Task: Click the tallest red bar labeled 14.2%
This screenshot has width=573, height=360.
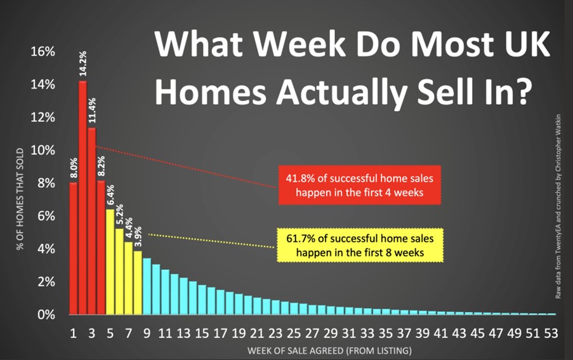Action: tap(82, 197)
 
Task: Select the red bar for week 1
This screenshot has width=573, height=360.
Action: tap(74, 248)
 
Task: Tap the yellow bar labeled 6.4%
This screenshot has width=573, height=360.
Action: tap(110, 262)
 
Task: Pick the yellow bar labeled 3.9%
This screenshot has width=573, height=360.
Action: tap(138, 283)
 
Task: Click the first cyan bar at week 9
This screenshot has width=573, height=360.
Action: tap(147, 286)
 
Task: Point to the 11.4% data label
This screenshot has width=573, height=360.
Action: tap(92, 110)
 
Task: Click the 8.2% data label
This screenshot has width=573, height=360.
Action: tap(102, 166)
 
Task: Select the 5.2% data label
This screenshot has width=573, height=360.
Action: tap(119, 214)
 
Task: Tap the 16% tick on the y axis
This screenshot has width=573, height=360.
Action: tap(43, 51)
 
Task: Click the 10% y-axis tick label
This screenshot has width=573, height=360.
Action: tap(43, 150)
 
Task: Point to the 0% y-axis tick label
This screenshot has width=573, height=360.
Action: tap(46, 315)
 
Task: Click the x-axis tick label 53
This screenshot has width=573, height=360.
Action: tap(551, 333)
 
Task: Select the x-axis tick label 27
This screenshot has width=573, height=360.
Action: tap(312, 333)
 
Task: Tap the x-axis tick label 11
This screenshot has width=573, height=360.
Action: tap(165, 333)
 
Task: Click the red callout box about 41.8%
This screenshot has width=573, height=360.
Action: tap(360, 185)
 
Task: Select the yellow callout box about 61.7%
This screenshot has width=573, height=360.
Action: tap(360, 245)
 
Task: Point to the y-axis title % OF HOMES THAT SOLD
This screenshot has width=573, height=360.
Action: tap(20, 199)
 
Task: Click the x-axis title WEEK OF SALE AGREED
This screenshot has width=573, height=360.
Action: tap(329, 351)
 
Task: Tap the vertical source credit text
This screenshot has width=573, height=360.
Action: tap(558, 206)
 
